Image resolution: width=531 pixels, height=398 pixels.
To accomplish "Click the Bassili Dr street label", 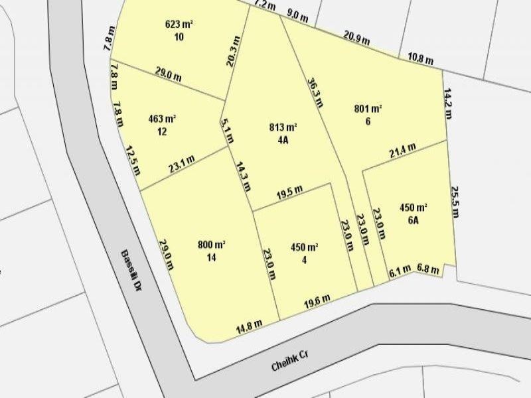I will tap(131, 270).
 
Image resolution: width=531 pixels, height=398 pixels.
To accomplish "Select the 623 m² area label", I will tap(179, 25).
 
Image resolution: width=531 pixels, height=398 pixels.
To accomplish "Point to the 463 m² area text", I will tap(162, 119).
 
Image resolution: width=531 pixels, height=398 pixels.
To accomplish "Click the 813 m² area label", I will tap(283, 128).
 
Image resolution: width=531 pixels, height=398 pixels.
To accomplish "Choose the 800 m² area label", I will tap(212, 245).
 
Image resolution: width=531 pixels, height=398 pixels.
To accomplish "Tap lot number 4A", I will tap(283, 140).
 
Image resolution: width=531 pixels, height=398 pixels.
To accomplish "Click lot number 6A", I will tap(413, 221).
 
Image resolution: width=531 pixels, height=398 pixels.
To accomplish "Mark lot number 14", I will tap(212, 257).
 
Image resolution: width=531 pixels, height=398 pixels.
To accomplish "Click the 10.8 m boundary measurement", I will tap(420, 59).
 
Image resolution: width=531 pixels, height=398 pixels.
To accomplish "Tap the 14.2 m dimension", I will tap(449, 102).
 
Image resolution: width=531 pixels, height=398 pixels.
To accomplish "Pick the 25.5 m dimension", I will tap(455, 202).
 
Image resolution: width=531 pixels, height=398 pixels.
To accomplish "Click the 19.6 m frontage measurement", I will tap(317, 301).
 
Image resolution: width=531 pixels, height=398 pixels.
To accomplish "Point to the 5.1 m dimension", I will tap(227, 131).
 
